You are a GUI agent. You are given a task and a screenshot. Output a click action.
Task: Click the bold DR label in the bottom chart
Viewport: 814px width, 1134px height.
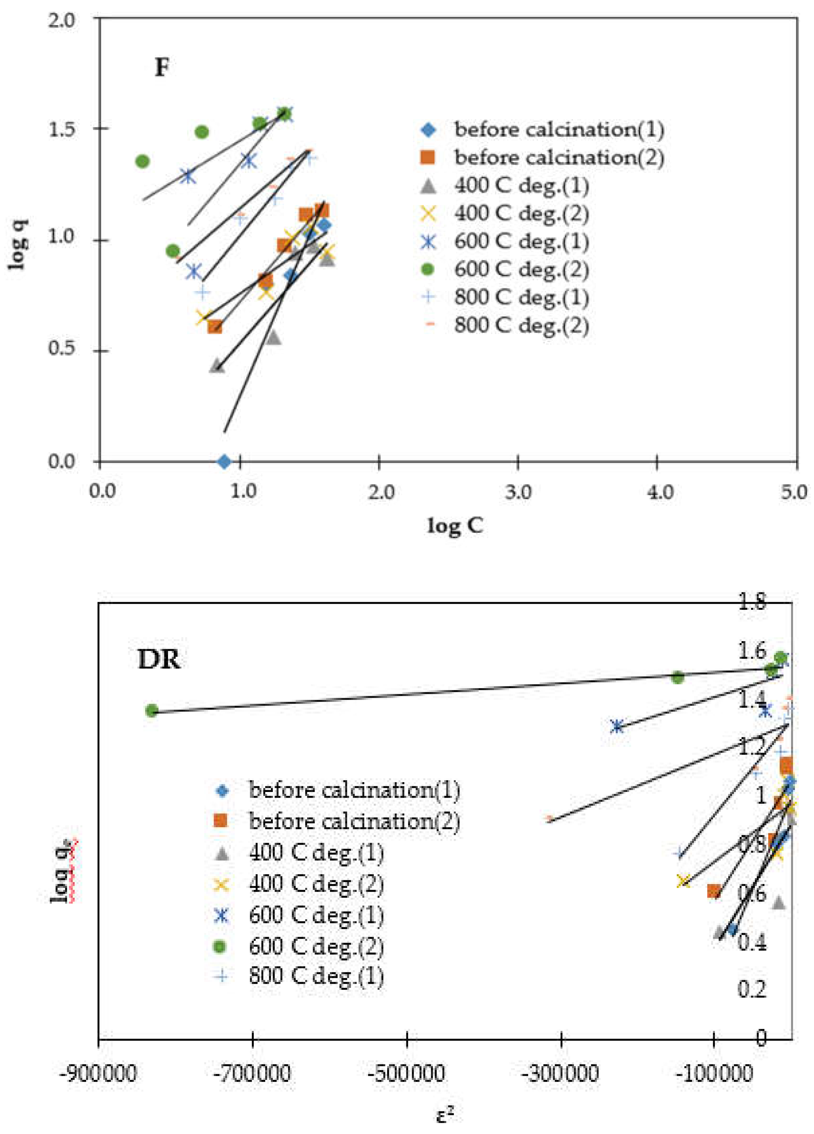tap(159, 660)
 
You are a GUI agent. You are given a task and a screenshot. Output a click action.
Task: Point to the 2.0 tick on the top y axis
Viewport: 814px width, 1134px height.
tap(61, 20)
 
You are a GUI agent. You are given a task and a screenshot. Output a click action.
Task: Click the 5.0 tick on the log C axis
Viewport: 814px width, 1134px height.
tap(794, 492)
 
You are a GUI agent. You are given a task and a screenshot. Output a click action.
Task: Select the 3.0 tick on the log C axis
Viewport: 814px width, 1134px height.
tap(518, 492)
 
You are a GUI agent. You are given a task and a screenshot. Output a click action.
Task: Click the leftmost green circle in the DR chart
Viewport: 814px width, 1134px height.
tap(152, 711)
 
